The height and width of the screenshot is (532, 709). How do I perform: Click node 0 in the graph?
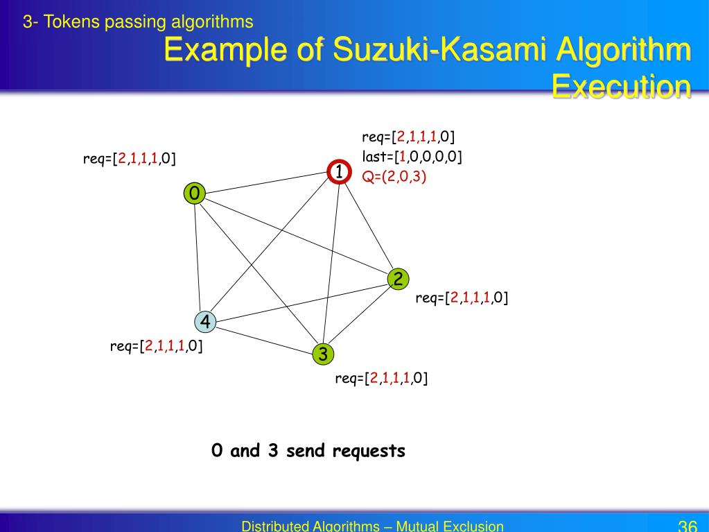tap(195, 194)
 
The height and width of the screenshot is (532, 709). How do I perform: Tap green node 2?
tap(398, 279)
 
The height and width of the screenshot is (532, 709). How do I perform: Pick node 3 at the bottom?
tap(322, 354)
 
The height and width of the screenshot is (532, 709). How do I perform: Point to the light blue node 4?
tap(205, 321)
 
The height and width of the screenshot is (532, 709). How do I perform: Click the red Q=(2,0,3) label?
tap(394, 176)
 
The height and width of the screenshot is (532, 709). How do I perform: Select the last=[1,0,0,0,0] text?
tap(412, 156)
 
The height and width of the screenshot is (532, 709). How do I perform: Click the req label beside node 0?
tap(129, 160)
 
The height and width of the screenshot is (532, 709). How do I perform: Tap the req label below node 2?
tap(462, 298)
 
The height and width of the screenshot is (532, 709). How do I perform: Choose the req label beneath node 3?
tap(381, 378)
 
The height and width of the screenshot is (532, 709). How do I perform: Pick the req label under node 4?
tap(156, 345)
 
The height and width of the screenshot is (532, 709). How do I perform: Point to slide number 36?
tap(687, 525)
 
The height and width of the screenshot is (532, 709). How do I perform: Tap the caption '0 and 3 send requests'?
tap(308, 451)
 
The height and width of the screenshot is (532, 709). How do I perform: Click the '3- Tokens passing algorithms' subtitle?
tap(138, 22)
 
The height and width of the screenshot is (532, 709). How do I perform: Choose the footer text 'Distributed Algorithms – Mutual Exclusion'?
tap(372, 526)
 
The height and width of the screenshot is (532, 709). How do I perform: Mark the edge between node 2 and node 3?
tap(360, 317)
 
